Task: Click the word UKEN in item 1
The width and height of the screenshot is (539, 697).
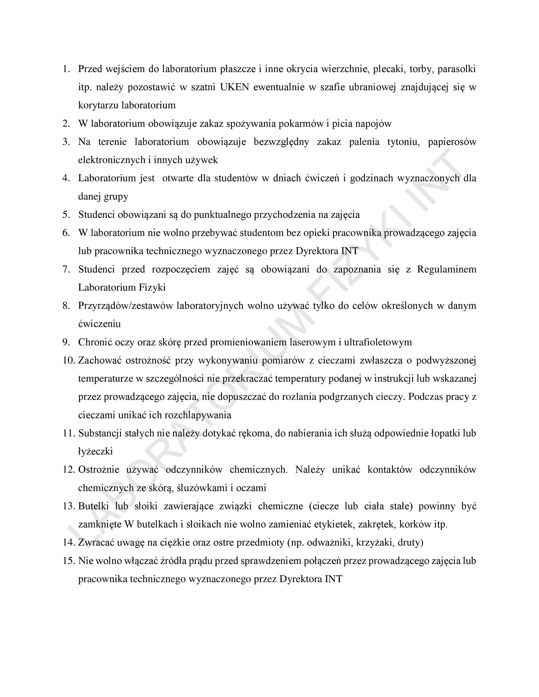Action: click(234, 87)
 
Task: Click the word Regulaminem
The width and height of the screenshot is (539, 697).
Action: click(446, 269)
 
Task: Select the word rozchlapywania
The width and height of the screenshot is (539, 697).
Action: click(198, 415)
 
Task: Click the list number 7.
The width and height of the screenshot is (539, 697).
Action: click(66, 269)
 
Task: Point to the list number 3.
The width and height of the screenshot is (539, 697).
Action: click(66, 142)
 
